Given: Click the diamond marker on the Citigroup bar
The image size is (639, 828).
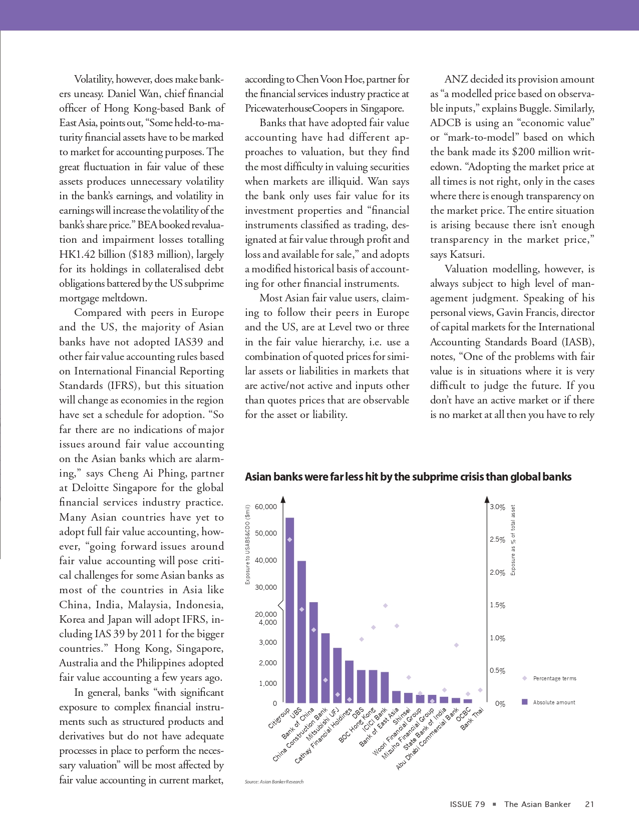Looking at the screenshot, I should point(289,540).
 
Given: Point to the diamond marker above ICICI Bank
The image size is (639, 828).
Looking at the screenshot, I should point(385,606).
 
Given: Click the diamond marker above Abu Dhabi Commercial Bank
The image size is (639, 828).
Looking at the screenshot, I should point(456,645).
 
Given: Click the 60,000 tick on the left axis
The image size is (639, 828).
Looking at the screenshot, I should point(266,507).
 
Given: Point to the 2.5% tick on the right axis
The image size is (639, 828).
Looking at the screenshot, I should point(497,540).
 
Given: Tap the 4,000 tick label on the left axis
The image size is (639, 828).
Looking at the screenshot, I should point(268,622).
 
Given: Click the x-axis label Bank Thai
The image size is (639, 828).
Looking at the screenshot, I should point(472,718).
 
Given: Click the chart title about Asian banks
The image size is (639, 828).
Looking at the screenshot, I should point(408,477).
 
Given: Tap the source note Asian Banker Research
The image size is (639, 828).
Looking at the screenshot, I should point(274,781).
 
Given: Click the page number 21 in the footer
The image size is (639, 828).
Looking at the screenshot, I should point(589,804).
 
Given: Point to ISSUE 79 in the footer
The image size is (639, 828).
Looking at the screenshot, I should point(467,804).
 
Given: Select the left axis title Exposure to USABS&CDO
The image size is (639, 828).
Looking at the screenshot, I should point(247,545).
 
